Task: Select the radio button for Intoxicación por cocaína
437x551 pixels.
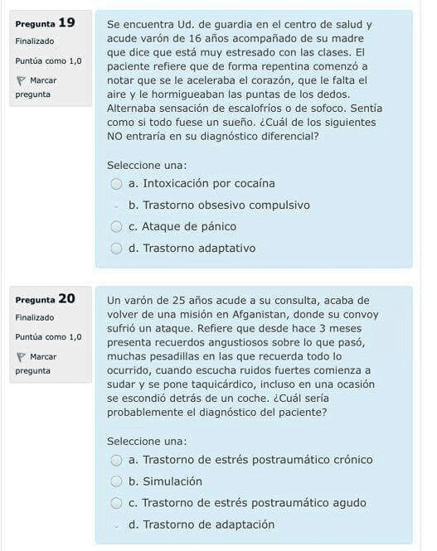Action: tap(117, 183)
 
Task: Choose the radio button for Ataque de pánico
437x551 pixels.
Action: tap(117, 226)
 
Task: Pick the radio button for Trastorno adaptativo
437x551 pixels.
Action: tap(117, 248)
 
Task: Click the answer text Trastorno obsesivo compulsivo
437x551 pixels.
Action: tap(219, 205)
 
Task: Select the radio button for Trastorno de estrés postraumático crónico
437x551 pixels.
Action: tap(117, 460)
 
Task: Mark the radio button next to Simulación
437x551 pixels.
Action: tap(117, 481)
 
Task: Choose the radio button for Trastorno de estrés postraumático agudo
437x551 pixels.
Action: tap(117, 503)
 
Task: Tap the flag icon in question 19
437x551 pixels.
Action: tap(20, 80)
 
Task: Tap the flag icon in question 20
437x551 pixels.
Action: tap(20, 357)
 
